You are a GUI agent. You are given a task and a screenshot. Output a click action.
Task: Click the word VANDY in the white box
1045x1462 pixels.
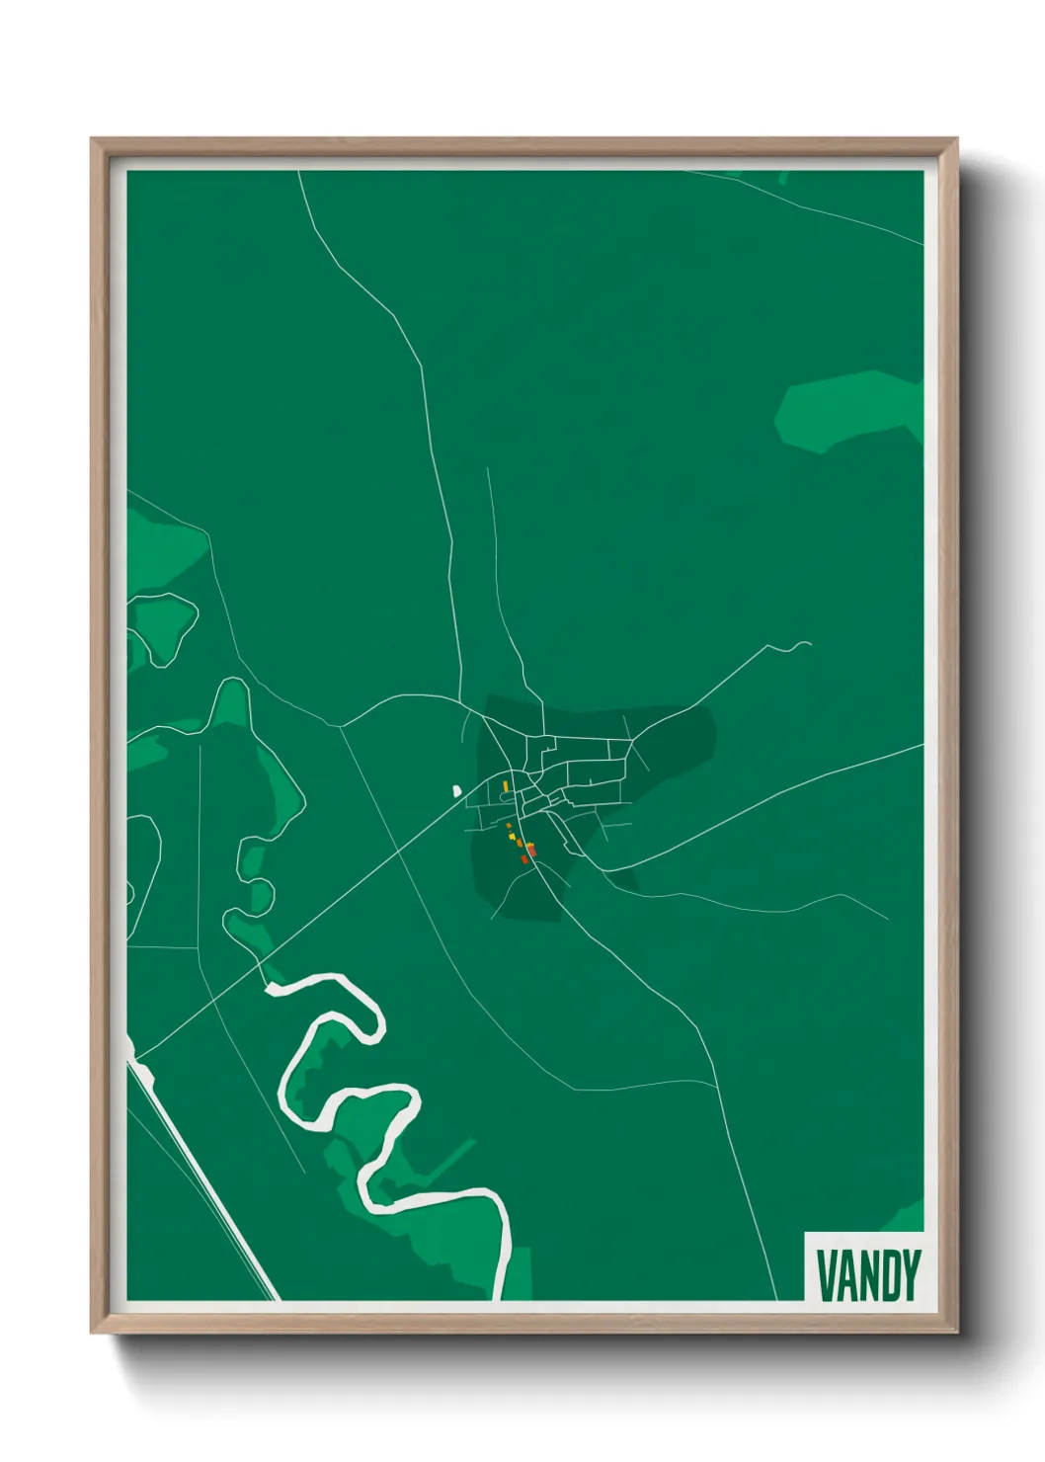pos(868,1275)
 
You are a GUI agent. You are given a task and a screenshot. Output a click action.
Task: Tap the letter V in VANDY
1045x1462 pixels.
pos(826,1275)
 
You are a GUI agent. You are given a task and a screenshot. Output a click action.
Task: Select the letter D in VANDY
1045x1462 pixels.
pos(890,1275)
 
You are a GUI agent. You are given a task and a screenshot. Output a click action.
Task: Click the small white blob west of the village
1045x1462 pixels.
pos(456,790)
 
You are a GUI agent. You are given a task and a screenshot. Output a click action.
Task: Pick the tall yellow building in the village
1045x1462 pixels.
pos(506,786)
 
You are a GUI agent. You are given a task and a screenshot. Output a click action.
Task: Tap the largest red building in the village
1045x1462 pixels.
pos(530,849)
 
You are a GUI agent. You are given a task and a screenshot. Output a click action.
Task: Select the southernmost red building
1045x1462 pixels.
pos(524,860)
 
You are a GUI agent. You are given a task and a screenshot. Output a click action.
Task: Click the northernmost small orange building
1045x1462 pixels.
pos(509,825)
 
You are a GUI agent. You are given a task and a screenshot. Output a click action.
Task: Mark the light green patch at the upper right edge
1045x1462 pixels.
pos(849,410)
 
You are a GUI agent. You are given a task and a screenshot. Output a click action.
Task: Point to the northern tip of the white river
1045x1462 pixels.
pos(271,985)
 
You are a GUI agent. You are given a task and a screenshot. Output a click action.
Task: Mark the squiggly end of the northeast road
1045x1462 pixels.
pos(798,646)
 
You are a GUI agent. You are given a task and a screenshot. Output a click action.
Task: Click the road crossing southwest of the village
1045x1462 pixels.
pos(397,850)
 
